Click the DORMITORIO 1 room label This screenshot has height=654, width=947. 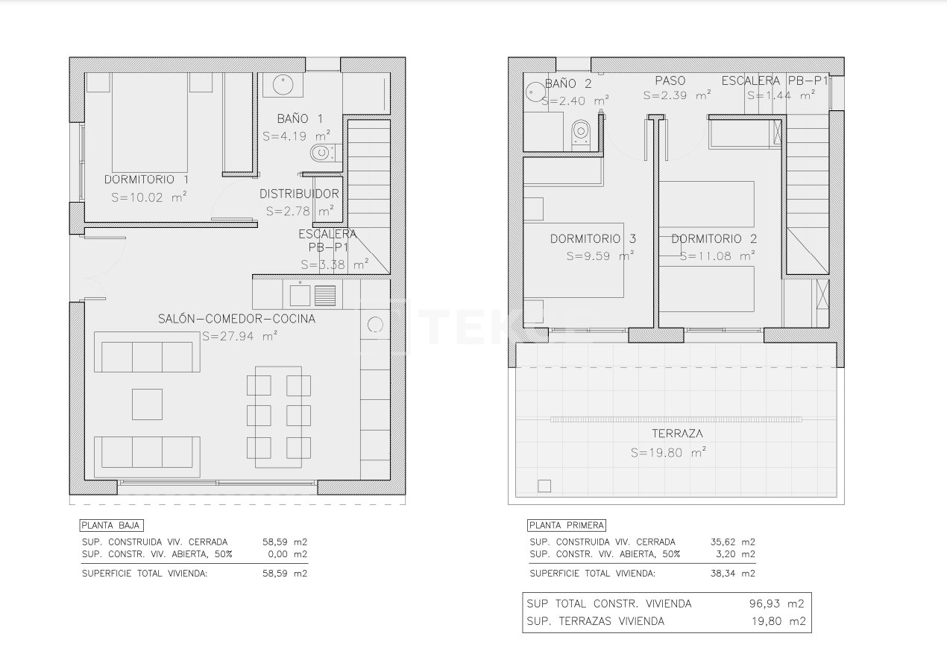pyautogui.click(x=146, y=180)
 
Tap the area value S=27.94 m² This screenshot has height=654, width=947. pyautogui.click(x=239, y=337)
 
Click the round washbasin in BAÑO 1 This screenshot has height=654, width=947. pyautogui.click(x=282, y=84)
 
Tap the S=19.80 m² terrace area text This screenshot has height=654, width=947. pyautogui.click(x=668, y=452)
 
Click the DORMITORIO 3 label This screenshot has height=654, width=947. pyautogui.click(x=593, y=239)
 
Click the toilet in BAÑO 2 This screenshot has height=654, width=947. pyautogui.click(x=581, y=133)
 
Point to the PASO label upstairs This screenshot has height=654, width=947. pyautogui.click(x=670, y=80)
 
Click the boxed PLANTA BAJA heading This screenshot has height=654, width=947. pyautogui.click(x=111, y=525)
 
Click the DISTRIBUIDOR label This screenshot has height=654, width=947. pyautogui.click(x=299, y=194)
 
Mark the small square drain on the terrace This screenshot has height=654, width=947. pyautogui.click(x=544, y=486)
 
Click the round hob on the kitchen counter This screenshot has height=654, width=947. pyautogui.click(x=375, y=324)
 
